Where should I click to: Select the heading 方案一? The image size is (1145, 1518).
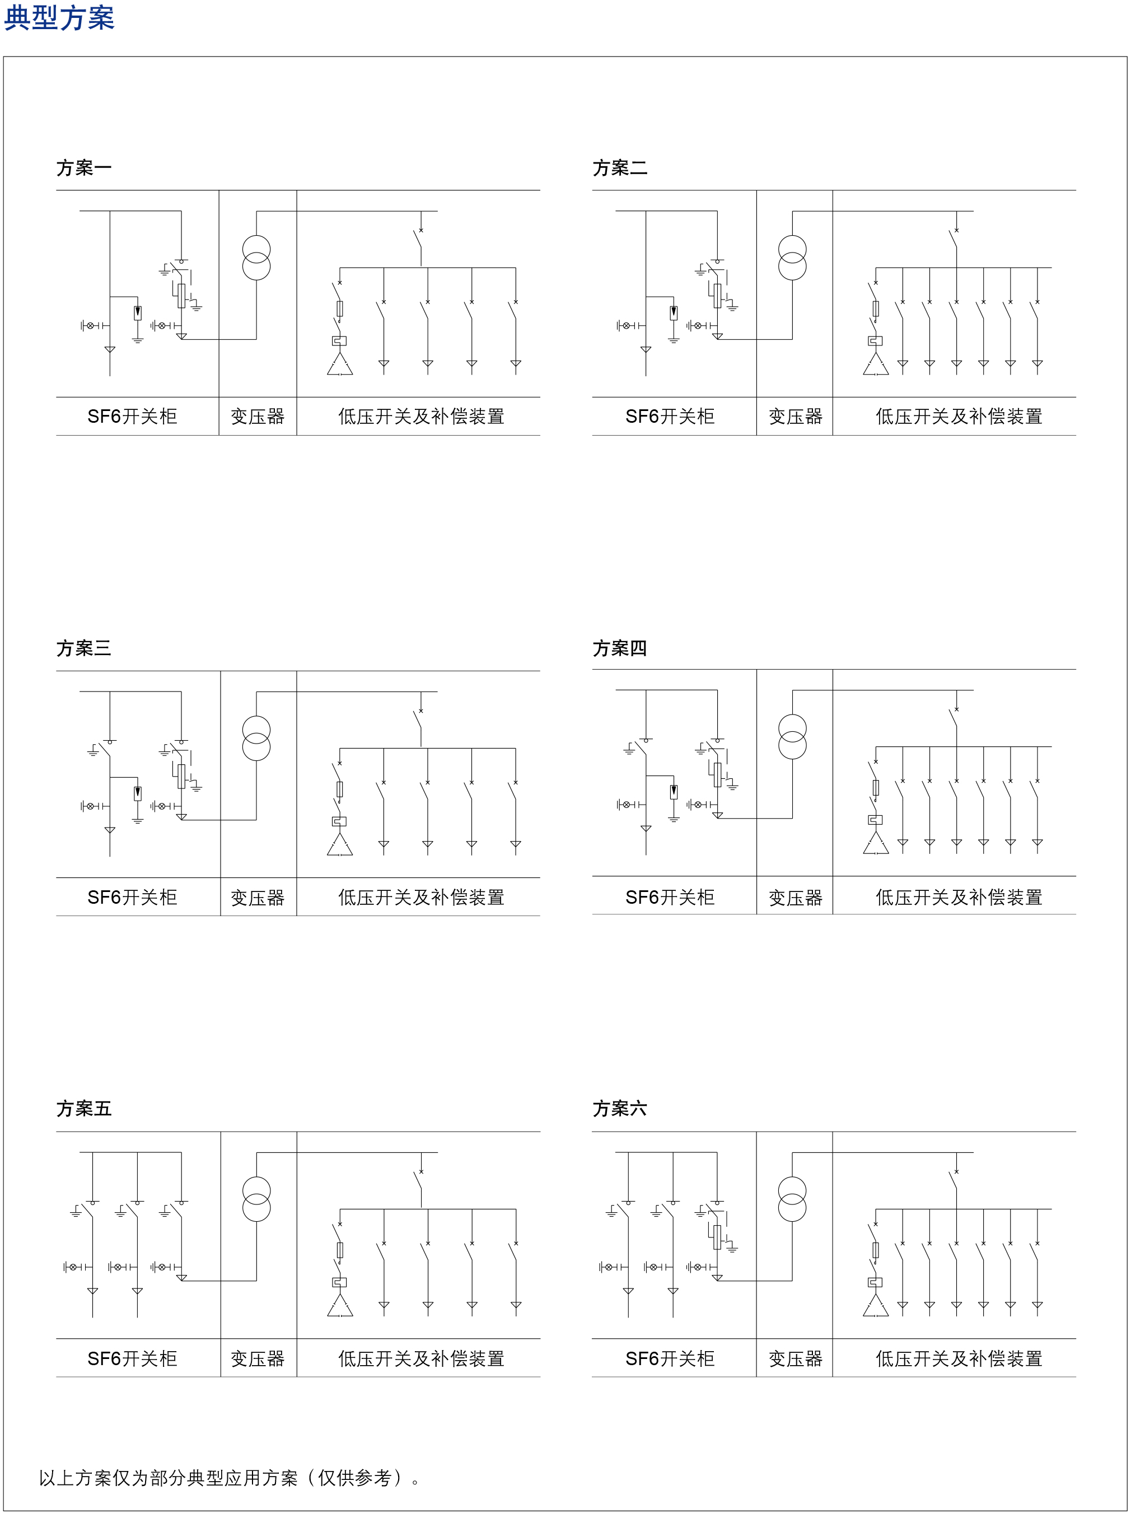tap(83, 168)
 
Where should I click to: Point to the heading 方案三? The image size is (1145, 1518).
tap(83, 648)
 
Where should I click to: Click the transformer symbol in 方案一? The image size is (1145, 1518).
tap(256, 258)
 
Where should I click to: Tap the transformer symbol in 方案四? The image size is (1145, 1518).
tap(792, 737)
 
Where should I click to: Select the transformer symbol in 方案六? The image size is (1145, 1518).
tap(792, 1199)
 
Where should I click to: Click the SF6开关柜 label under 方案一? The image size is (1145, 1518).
tap(132, 417)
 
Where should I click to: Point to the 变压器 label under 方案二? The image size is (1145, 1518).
tap(795, 417)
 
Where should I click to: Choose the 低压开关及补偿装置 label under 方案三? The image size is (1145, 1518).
tap(421, 898)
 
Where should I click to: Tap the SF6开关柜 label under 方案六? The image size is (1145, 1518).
tap(670, 1359)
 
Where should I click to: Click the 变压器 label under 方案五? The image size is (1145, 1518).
tap(258, 1359)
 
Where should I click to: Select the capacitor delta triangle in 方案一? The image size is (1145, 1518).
tap(340, 365)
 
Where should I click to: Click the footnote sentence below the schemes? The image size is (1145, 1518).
tap(230, 1478)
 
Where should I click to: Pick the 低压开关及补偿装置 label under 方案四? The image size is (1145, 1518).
tap(959, 898)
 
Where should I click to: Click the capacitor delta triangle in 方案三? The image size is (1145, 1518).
tap(340, 846)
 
